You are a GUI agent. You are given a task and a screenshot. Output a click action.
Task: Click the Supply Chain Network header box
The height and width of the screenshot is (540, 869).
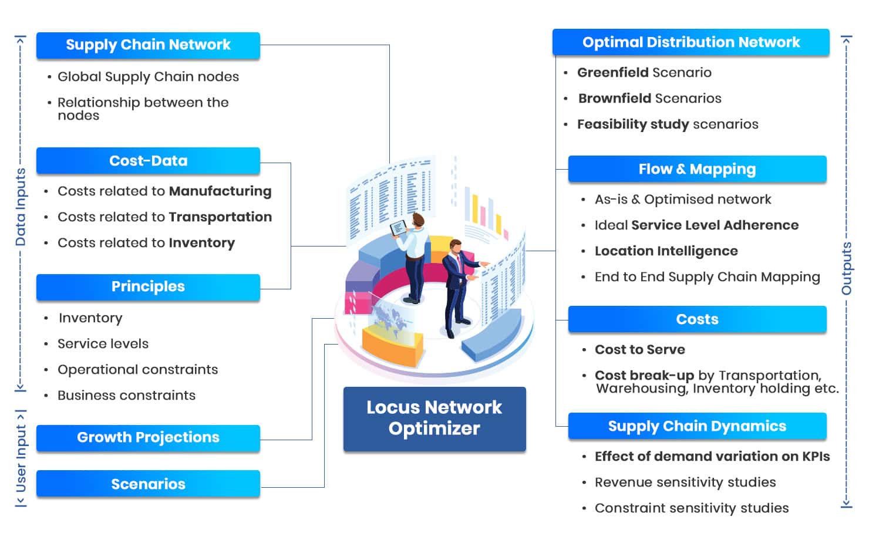pyautogui.click(x=148, y=45)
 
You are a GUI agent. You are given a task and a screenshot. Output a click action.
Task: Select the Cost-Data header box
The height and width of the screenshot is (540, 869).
pyautogui.click(x=148, y=161)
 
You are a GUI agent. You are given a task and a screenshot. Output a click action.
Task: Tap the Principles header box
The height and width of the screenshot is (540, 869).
pyautogui.click(x=148, y=287)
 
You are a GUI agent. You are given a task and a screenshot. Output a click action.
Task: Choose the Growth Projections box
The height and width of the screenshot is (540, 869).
pyautogui.click(x=148, y=438)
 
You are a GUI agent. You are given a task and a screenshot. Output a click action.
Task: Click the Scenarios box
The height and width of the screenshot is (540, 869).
pyautogui.click(x=148, y=484)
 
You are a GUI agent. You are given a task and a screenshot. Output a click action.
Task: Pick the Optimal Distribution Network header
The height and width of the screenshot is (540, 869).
pyautogui.click(x=691, y=42)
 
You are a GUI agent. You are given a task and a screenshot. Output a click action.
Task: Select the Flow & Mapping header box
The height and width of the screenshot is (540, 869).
pyautogui.click(x=697, y=169)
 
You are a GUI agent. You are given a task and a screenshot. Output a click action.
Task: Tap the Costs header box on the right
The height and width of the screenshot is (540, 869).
pyautogui.click(x=697, y=319)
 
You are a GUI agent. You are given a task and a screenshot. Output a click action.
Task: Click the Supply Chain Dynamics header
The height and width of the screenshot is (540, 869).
pyautogui.click(x=697, y=426)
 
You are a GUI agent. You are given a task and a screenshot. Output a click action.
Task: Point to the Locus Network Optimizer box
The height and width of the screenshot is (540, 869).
pyautogui.click(x=435, y=419)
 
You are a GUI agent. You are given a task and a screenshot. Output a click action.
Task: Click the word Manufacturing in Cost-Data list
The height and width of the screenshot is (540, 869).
pyautogui.click(x=220, y=191)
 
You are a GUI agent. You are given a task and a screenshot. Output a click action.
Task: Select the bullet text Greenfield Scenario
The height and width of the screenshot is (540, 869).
pyautogui.click(x=644, y=73)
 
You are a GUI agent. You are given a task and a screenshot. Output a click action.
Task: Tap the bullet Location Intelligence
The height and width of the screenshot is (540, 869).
pyautogui.click(x=666, y=251)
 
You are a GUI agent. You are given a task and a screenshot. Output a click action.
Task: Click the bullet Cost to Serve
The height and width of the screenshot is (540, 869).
pyautogui.click(x=639, y=350)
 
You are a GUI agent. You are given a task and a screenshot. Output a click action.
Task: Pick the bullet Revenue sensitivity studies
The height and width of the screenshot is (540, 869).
pyautogui.click(x=685, y=482)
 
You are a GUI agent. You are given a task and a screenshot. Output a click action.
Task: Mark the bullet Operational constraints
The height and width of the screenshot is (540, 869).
pyautogui.click(x=137, y=370)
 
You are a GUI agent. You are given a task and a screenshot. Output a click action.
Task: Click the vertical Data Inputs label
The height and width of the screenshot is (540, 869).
pyautogui.click(x=21, y=207)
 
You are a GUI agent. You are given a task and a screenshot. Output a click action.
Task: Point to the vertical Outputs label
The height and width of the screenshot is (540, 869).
pyautogui.click(x=846, y=268)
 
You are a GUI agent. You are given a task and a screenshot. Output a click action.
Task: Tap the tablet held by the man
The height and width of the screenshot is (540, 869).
pyautogui.click(x=398, y=228)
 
